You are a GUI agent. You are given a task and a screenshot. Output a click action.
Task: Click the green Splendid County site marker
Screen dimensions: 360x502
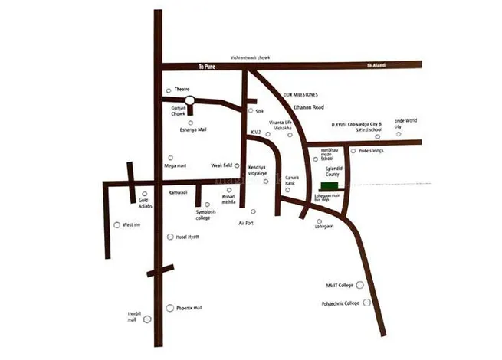coord(328,187)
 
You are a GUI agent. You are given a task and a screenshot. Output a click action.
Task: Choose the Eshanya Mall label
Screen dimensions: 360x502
coord(192,131)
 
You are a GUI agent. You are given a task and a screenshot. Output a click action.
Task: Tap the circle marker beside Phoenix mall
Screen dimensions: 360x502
coord(169,308)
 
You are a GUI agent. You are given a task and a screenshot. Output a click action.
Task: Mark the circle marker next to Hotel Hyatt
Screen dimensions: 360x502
coord(170,237)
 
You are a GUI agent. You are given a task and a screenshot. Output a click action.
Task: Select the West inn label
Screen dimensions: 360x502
coord(133,225)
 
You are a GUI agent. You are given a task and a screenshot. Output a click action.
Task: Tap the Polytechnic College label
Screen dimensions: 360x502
coord(340,303)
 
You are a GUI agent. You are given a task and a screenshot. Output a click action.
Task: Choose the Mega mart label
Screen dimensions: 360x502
coord(176,165)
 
